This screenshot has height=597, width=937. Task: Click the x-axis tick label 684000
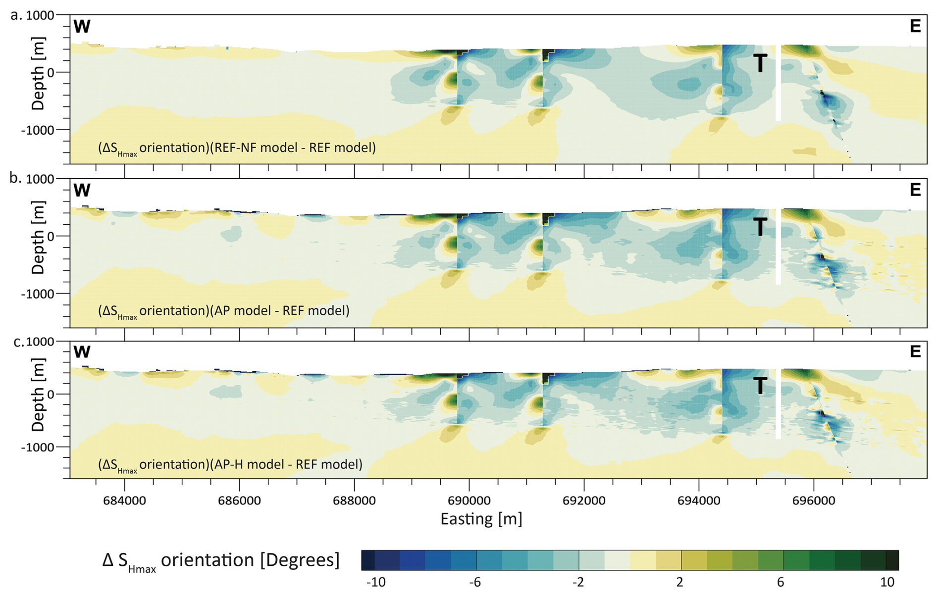pyautogui.click(x=124, y=500)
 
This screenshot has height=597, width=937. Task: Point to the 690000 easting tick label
pyautogui.click(x=469, y=500)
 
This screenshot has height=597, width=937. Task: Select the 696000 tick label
pyautogui.click(x=813, y=500)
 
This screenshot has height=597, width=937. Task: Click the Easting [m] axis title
pyautogui.click(x=481, y=519)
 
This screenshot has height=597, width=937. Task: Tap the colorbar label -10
pyautogui.click(x=375, y=582)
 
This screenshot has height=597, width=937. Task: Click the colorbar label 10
pyautogui.click(x=887, y=582)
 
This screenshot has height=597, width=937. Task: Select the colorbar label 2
pyautogui.click(x=679, y=582)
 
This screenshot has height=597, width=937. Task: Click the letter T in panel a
pyautogui.click(x=760, y=63)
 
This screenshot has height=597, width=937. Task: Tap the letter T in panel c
pyautogui.click(x=760, y=386)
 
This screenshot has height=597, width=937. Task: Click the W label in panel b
pyautogui.click(x=82, y=190)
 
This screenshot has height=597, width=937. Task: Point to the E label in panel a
pyautogui.click(x=915, y=26)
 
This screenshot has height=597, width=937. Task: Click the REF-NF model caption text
pyautogui.click(x=237, y=148)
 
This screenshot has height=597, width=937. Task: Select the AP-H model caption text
pyautogui.click(x=230, y=464)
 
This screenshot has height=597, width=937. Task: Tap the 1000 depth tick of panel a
pyautogui.click(x=40, y=15)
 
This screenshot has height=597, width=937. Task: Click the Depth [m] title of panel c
pyautogui.click(x=38, y=395)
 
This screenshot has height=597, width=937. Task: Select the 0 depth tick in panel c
pyautogui.click(x=51, y=395)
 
